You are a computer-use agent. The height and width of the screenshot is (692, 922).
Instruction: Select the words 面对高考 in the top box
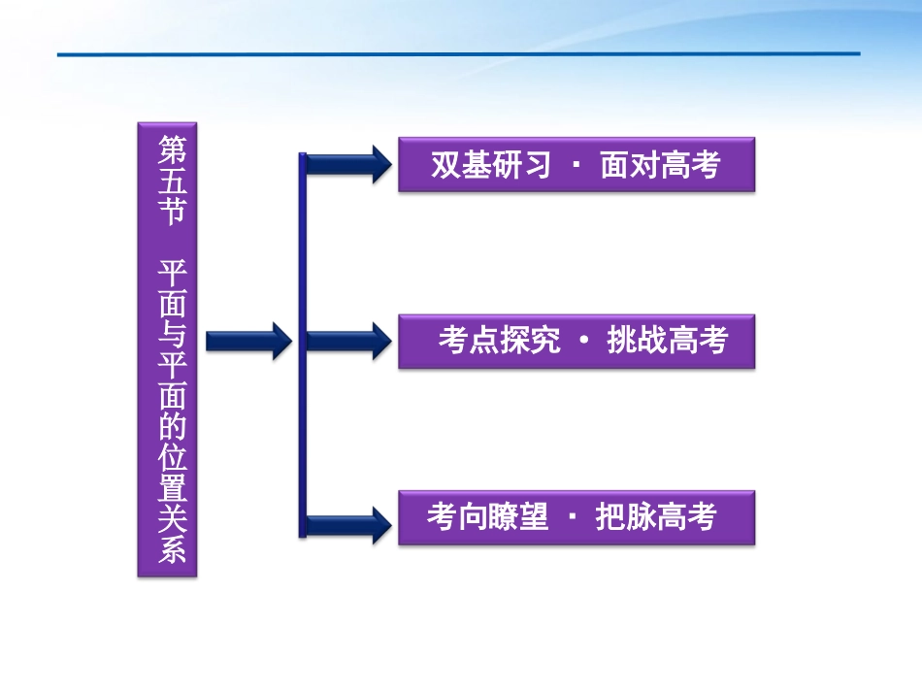tap(660, 165)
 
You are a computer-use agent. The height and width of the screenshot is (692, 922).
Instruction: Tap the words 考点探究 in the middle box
tap(499, 341)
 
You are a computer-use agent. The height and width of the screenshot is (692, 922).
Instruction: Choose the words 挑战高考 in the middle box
tap(667, 341)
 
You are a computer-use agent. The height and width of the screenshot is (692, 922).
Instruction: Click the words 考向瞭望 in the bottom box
tap(487, 517)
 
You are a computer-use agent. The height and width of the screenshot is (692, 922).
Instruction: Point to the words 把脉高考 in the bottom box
tap(656, 517)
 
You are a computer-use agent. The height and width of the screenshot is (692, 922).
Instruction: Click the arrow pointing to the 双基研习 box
tap(349, 164)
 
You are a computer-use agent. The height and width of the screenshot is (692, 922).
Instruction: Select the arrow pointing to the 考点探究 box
tap(349, 341)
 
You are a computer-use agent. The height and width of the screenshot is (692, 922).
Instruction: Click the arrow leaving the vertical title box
tap(248, 340)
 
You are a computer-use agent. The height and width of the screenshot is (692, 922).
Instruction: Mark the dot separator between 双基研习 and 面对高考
tap(576, 165)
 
